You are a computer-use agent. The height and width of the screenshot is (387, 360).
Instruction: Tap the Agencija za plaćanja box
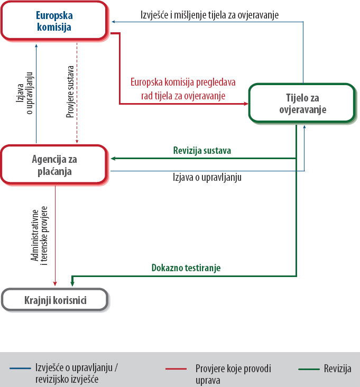tap(56, 164)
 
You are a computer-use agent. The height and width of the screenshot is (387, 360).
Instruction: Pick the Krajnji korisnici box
tap(55, 301)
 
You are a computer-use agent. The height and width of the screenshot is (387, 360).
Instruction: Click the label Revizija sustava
tap(202, 151)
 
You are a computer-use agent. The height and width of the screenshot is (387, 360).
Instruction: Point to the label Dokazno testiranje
tap(186, 268)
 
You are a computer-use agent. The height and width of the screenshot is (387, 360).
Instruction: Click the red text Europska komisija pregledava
tap(183, 84)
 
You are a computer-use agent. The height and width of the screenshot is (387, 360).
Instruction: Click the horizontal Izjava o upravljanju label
tap(207, 177)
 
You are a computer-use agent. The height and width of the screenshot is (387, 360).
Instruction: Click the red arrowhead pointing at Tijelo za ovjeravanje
tap(246, 104)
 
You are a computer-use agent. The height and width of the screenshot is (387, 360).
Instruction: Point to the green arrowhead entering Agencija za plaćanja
tap(113, 158)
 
